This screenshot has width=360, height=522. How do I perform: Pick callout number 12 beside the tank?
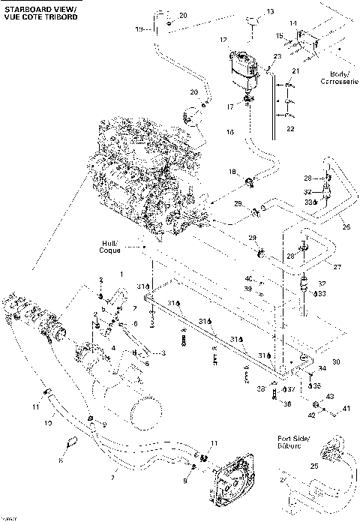coord(223,38)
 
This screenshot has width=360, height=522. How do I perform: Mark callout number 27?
coord(337,265)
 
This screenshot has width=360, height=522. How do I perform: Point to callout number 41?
coord(346,409)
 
